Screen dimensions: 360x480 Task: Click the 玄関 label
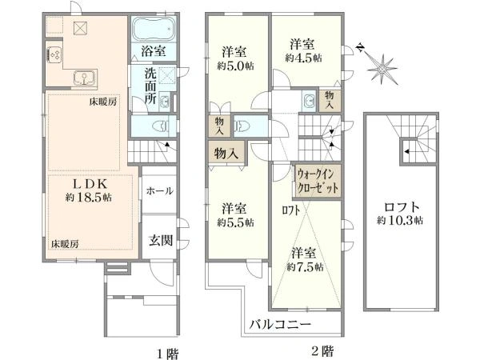161,239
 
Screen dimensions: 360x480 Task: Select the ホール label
160,191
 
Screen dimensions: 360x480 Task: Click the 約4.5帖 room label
304,50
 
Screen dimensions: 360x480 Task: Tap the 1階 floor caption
166,350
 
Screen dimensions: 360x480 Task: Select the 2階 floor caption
321,350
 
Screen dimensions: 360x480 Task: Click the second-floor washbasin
308,102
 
